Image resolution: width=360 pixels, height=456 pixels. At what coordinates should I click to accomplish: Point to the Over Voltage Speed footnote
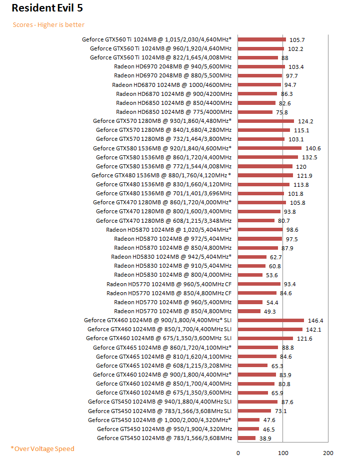tap(42, 449)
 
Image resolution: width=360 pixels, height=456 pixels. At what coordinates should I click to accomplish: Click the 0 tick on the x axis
tap(238, 453)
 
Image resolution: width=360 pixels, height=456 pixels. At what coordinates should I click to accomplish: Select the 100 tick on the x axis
tap(283, 453)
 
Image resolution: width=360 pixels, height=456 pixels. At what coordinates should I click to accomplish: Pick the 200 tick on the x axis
tap(328, 453)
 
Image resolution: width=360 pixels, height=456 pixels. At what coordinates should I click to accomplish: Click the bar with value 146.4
tap(271, 320)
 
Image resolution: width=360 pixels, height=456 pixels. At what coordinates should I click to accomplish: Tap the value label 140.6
tap(313, 148)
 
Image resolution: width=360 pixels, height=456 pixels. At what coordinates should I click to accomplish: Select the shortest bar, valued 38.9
tap(246, 438)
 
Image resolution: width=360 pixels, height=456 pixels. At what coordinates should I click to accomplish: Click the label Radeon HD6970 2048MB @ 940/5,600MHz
tap(172, 66)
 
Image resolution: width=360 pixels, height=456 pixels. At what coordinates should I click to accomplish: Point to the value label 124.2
tap(305, 121)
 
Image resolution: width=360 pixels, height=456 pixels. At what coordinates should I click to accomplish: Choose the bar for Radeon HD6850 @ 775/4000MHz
tap(255, 112)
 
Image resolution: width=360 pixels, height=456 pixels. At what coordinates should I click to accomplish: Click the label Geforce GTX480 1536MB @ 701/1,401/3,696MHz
tap(163, 193)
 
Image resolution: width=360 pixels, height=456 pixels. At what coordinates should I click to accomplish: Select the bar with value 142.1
tap(270, 329)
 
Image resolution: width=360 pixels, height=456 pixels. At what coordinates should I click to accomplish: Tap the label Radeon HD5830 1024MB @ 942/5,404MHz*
tap(171, 257)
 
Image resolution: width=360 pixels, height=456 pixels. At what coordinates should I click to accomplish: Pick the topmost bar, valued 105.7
tap(262, 39)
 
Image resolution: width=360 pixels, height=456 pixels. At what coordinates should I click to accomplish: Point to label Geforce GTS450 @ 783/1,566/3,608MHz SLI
tap(160, 411)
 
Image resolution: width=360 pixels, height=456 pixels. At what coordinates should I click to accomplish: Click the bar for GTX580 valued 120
tap(265, 166)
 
